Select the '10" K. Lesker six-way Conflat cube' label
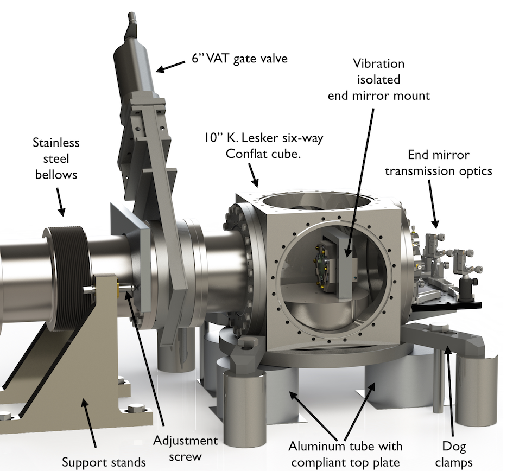(264, 145)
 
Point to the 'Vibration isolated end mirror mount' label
(378, 79)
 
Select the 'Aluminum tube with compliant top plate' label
(346, 454)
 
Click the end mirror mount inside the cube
(343, 266)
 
